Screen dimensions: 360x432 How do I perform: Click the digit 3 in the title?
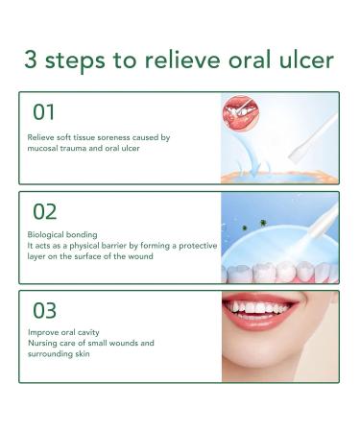31,60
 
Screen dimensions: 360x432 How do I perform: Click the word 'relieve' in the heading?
182,60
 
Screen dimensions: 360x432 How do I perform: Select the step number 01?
44,112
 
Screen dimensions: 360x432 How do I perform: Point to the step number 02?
45,212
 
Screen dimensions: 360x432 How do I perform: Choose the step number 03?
45,311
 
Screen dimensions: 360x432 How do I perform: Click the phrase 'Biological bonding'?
62,235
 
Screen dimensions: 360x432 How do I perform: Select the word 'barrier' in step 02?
115,246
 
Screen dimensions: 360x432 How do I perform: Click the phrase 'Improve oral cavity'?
63,332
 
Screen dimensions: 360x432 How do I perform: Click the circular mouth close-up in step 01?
241,112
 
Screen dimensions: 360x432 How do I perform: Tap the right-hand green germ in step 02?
263,223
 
